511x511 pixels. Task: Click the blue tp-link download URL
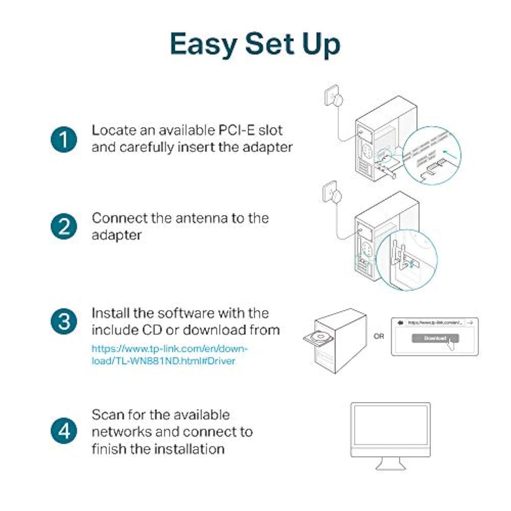pyautogui.click(x=170, y=355)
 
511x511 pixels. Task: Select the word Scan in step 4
pyautogui.click(x=109, y=414)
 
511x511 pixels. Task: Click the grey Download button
pyautogui.click(x=434, y=338)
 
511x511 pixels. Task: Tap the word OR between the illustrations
pyautogui.click(x=379, y=337)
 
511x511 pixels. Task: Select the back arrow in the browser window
pyautogui.click(x=401, y=322)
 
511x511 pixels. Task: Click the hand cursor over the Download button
pyautogui.click(x=451, y=343)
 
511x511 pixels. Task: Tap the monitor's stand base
pyautogui.click(x=390, y=466)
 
